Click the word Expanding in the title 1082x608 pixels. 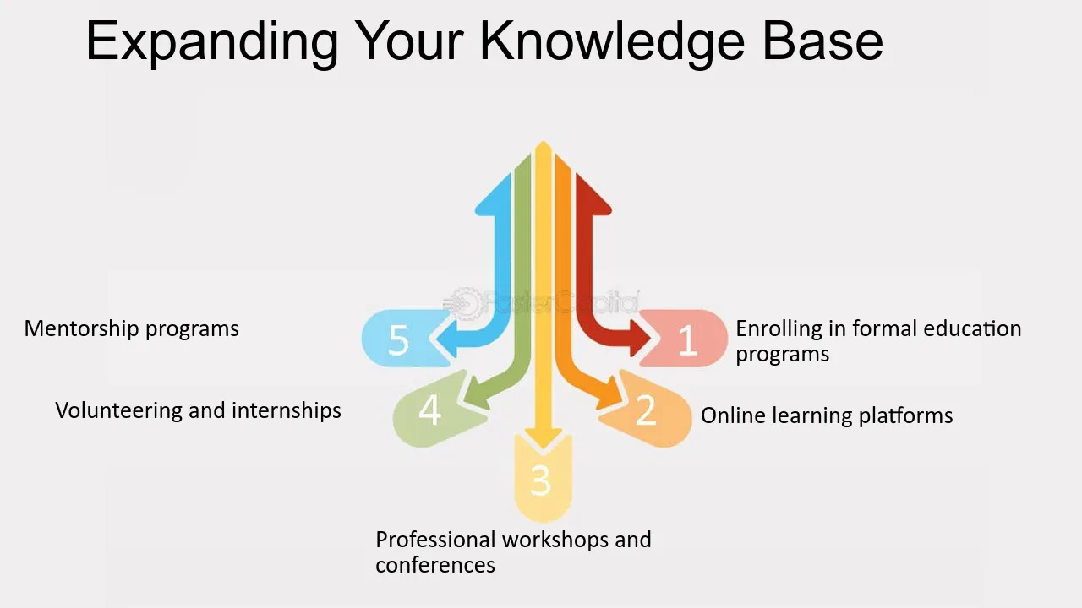point(212,42)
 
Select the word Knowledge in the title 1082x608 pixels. point(613,42)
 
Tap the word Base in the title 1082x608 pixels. point(823,41)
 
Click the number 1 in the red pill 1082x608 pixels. point(687,340)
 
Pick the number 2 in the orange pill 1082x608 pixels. point(646,410)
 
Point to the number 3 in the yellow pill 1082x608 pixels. point(540,480)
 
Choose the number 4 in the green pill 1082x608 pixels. point(430,410)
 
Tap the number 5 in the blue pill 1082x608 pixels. point(398,340)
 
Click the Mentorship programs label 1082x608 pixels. point(131,329)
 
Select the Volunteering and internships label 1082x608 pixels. point(198,410)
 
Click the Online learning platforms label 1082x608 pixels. point(827,415)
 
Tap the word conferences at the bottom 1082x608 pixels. point(435,565)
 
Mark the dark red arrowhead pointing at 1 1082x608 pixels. point(640,338)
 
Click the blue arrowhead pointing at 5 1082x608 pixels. point(446,338)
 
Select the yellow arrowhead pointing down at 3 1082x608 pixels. point(544,440)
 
